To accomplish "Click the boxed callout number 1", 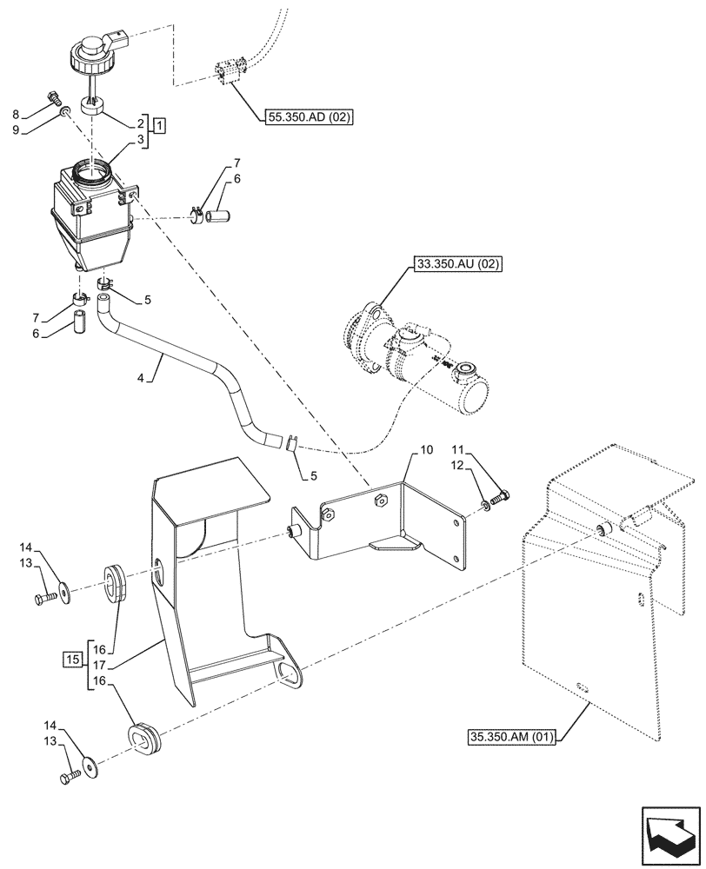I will coord(161,124).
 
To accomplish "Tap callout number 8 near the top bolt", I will coord(16,113).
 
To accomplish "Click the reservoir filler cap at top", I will coord(91,51).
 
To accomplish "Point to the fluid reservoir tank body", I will coord(91,217).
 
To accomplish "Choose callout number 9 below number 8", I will coord(16,131).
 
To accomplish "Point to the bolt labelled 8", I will coord(51,95).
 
